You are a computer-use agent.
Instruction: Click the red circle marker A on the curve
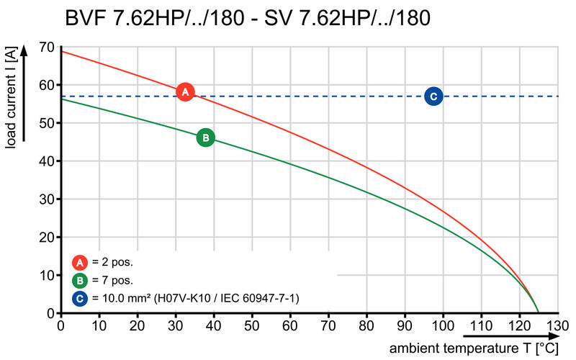(x=185, y=92)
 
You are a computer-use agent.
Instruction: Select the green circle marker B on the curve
(x=205, y=138)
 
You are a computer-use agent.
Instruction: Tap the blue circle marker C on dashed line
(x=433, y=96)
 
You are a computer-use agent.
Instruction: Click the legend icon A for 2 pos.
(x=80, y=262)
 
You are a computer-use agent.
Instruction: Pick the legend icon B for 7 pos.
(x=80, y=280)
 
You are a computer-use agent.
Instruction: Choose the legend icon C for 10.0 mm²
(x=80, y=297)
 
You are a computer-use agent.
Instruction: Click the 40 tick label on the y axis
(x=47, y=161)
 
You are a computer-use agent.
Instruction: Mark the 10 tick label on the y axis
(x=47, y=275)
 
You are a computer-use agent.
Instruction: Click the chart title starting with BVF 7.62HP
(x=248, y=17)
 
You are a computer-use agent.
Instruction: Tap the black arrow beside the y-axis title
(x=26, y=94)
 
